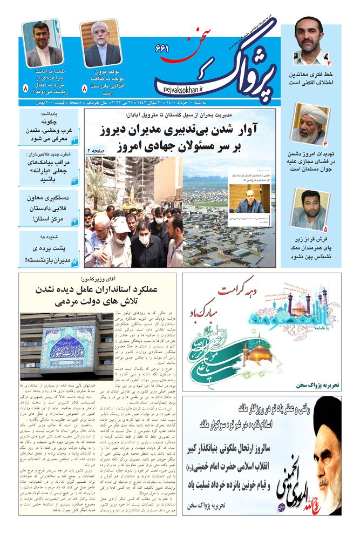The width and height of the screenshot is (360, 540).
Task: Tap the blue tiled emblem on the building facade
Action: click(65, 346)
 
